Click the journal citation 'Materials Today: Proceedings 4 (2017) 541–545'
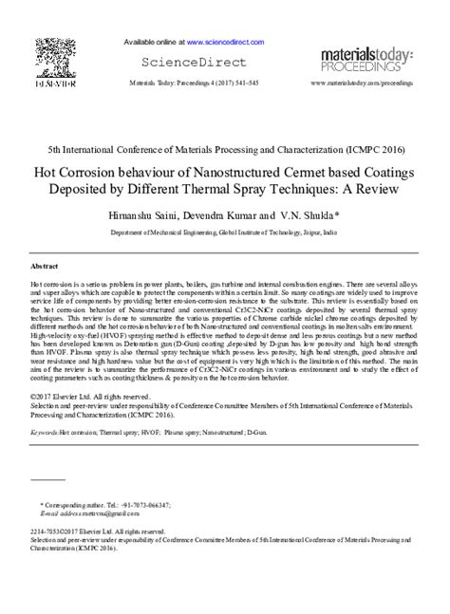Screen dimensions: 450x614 [179, 84]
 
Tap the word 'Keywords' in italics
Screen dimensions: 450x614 [43, 431]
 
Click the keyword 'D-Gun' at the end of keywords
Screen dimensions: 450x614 [257, 431]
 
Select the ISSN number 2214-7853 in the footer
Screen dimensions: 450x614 [48, 531]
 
